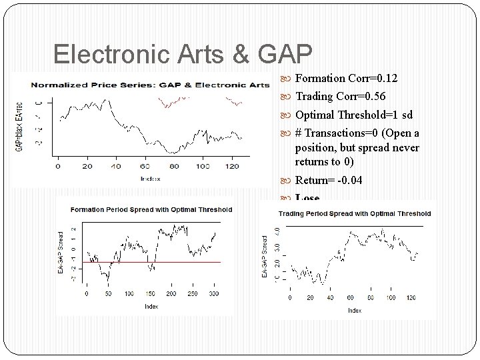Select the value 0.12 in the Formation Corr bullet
click(387, 79)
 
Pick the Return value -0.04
click(350, 180)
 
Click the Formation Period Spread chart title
click(151, 209)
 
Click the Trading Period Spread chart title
click(354, 214)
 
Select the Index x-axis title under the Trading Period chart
click(354, 310)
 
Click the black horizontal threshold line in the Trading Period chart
click(354, 227)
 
